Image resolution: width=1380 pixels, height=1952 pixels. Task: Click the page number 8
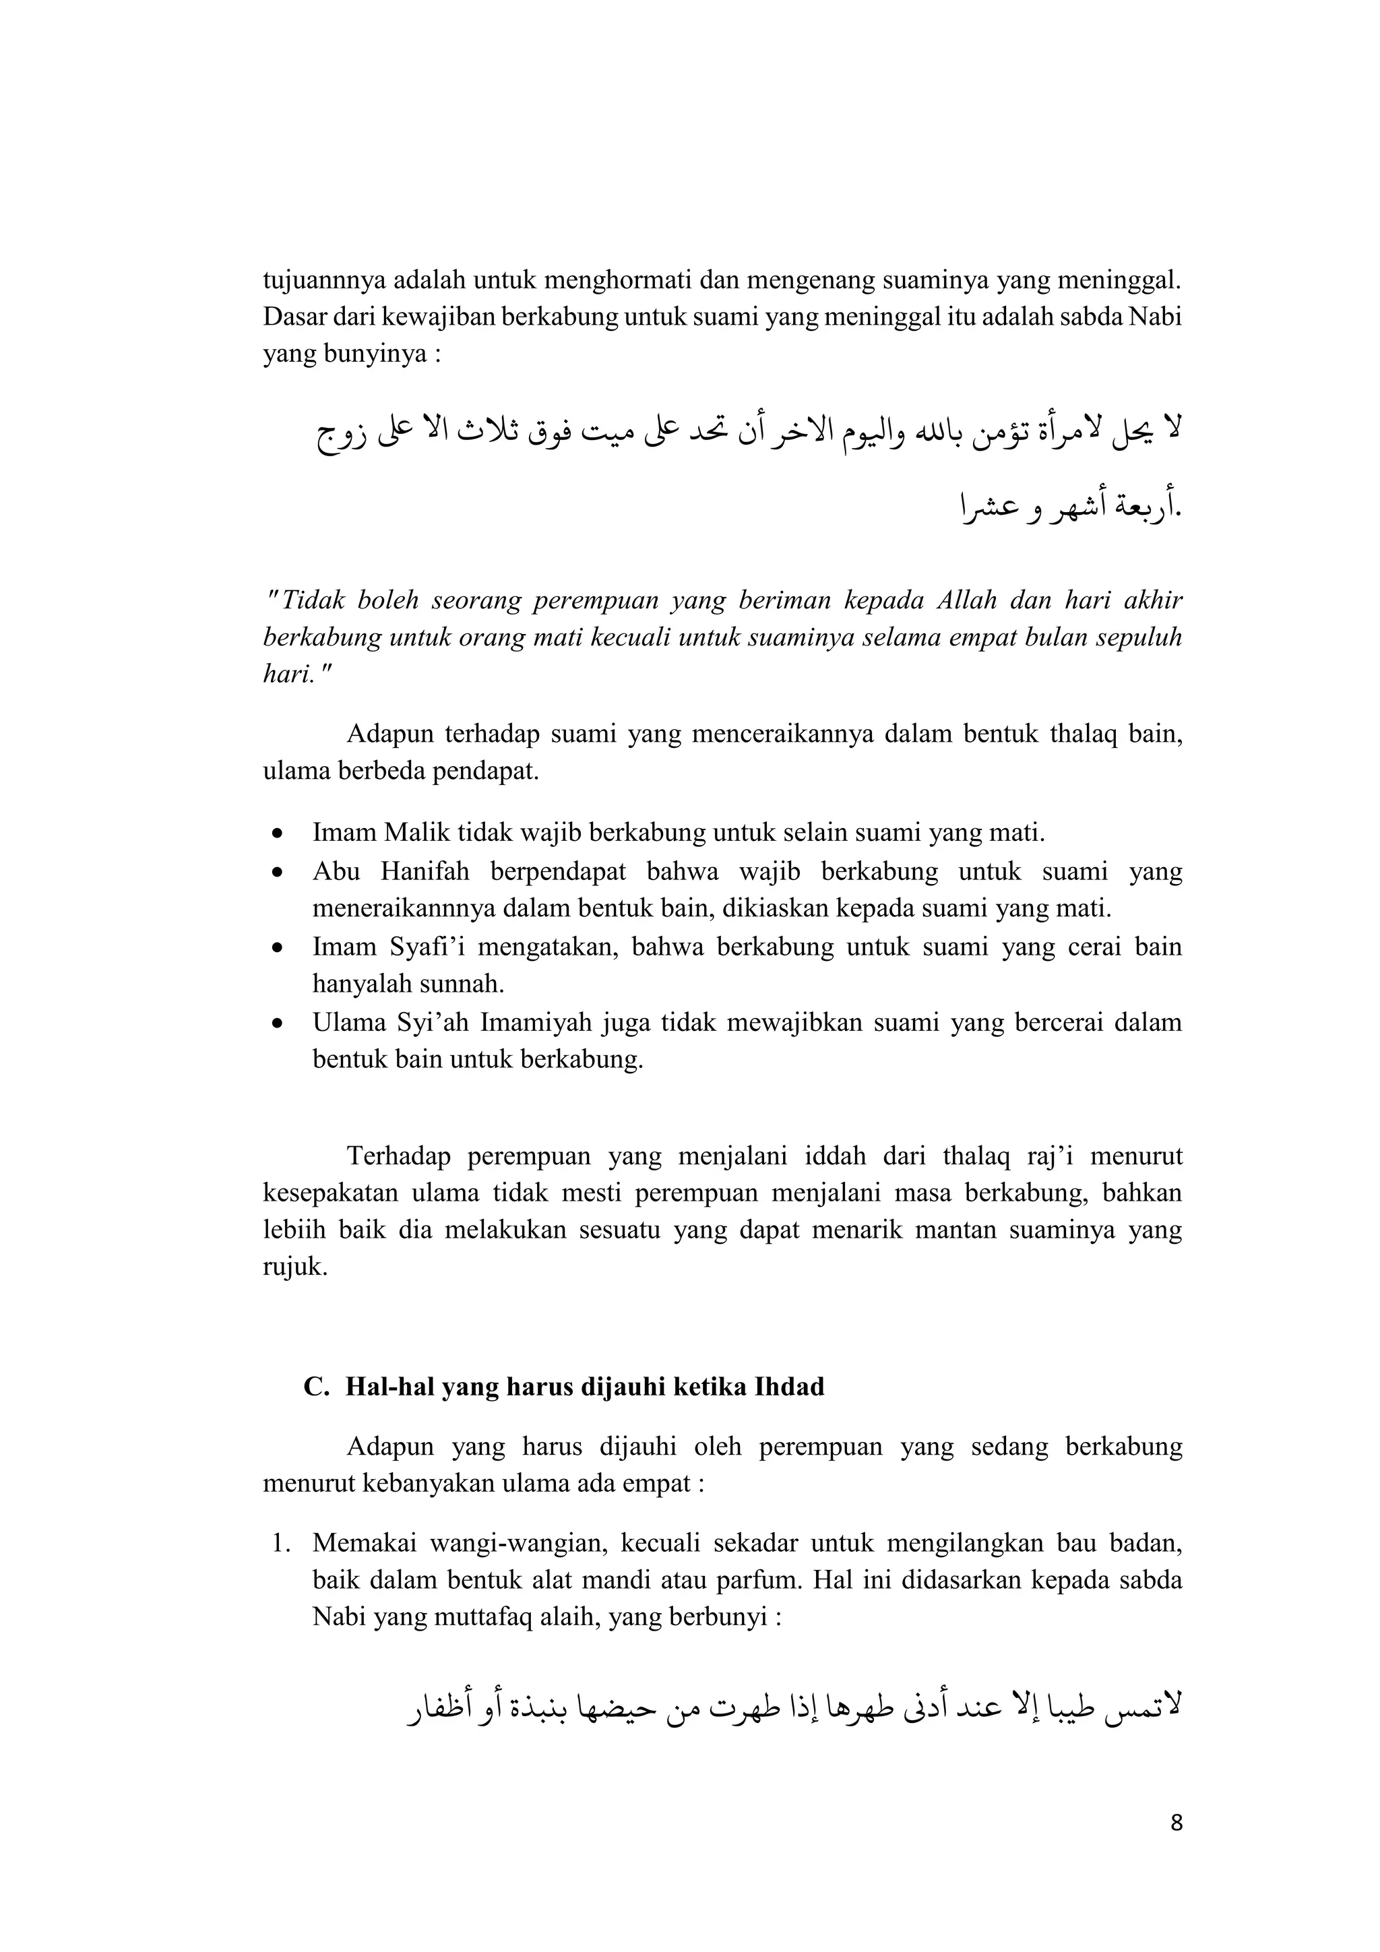pos(1176,1823)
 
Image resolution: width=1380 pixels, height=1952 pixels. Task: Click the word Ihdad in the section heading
pos(789,1387)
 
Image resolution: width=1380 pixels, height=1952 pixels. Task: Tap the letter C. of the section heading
pos(316,1387)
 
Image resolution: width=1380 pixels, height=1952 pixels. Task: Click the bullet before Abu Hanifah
pos(276,873)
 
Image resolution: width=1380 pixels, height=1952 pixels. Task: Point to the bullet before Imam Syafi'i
pos(276,947)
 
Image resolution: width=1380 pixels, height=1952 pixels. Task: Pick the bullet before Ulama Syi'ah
pos(276,1023)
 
